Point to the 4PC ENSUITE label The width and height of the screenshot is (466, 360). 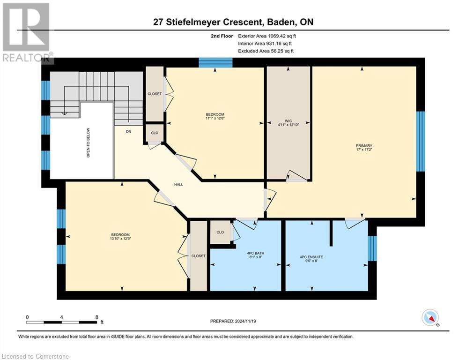tap(311, 257)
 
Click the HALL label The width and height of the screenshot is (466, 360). tap(178, 184)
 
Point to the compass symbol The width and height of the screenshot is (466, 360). tap(430, 318)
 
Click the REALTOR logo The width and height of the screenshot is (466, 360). tap(26, 32)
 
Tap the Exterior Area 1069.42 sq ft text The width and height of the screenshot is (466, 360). tap(267, 36)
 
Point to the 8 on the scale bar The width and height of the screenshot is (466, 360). tap(96, 317)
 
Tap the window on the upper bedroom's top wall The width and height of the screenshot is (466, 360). tap(215, 62)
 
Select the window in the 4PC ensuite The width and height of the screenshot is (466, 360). tap(372, 248)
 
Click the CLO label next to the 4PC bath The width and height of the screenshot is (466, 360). tap(220, 232)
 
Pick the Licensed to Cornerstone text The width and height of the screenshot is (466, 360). tap(36, 356)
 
